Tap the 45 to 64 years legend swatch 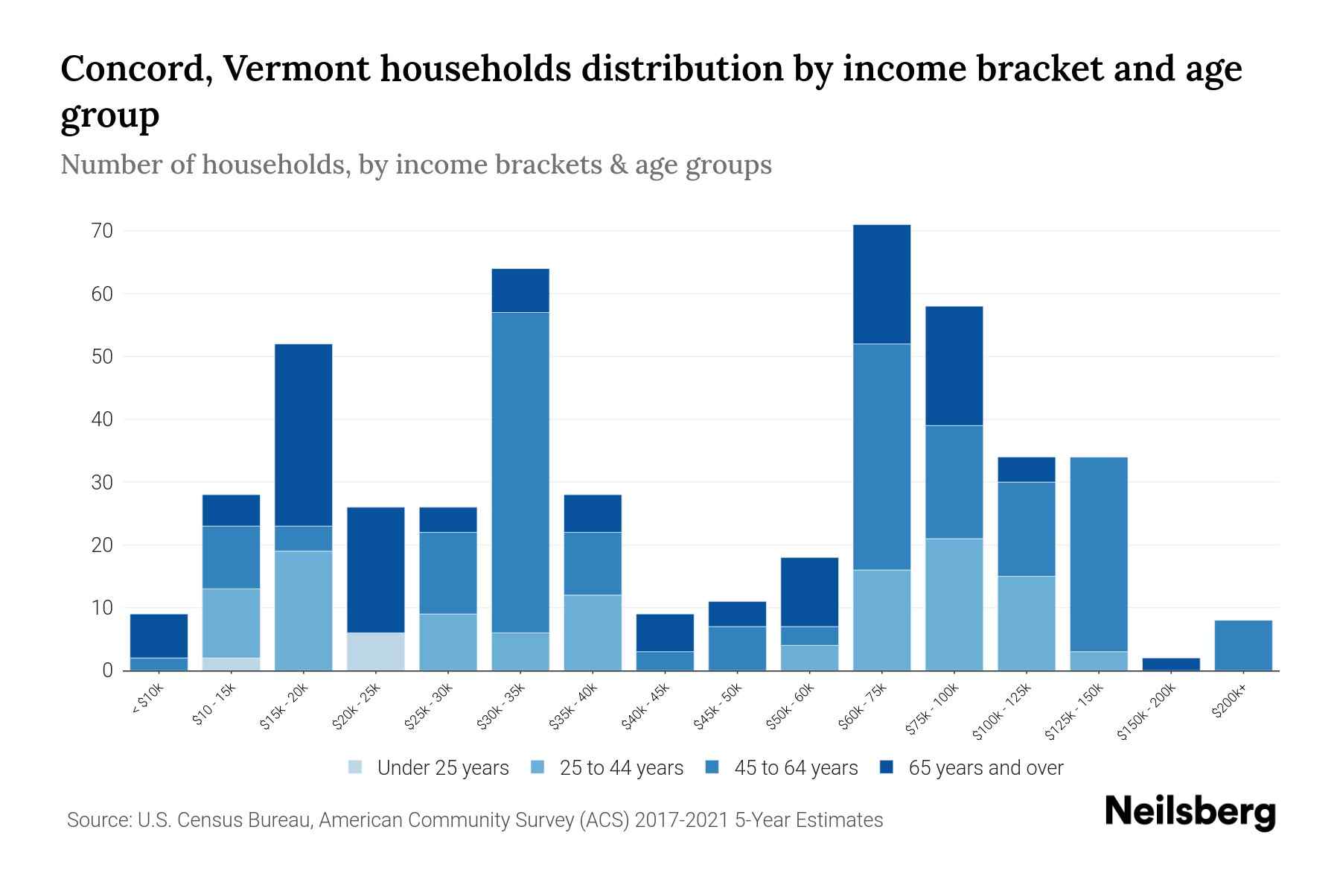[712, 767]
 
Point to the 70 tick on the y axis [103, 231]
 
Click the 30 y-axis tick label [103, 483]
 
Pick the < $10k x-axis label [147, 701]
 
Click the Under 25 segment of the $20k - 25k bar [376, 651]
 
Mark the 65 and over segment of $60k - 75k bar [881, 284]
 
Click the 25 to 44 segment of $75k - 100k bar [954, 604]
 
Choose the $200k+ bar [1242, 645]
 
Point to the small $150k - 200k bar [1170, 664]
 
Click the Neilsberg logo [1190, 812]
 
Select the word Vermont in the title [295, 69]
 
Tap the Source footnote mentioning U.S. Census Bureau [474, 820]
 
